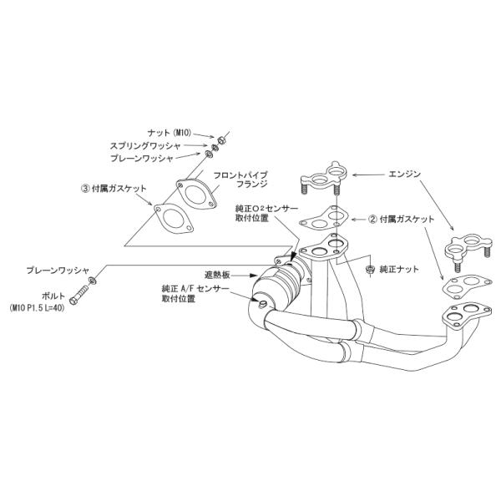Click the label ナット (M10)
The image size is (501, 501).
point(169,133)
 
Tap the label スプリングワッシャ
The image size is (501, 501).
point(145,146)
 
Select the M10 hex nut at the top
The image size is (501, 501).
point(220,140)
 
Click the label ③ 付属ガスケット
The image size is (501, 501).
point(114,189)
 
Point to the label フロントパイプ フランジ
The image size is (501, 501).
point(240,180)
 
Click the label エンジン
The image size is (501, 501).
point(404,175)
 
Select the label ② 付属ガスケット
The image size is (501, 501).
point(402,220)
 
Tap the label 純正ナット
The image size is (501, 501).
point(399,270)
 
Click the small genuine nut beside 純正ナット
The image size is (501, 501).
point(370,270)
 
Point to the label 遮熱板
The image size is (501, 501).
point(217,275)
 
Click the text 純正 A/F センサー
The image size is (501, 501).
point(195,290)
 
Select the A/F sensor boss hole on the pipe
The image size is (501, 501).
point(262,303)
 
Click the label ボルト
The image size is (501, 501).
point(53,296)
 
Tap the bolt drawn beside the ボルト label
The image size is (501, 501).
point(78,295)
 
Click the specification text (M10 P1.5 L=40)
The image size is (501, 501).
point(38,308)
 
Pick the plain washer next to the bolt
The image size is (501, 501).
point(93,281)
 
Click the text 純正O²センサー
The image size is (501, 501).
point(266,210)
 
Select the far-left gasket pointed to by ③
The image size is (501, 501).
point(175,219)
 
